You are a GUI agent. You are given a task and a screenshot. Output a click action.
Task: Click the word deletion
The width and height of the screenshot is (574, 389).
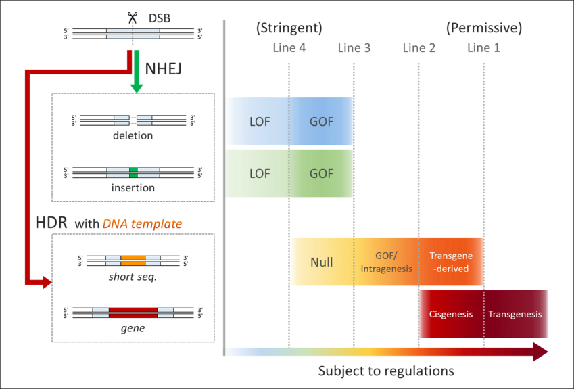click(133, 135)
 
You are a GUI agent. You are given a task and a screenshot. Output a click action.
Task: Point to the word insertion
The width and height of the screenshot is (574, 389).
click(133, 187)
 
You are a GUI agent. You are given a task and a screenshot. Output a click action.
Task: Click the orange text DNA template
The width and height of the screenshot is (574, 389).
click(142, 223)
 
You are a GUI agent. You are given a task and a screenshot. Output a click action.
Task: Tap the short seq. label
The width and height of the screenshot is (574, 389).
click(133, 277)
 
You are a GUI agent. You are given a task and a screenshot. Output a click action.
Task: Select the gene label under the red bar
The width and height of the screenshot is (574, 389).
click(133, 329)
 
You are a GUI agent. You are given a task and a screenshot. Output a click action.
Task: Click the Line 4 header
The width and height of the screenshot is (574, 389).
click(289, 48)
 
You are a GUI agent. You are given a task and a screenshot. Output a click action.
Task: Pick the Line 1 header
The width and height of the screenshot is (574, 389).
click(483, 48)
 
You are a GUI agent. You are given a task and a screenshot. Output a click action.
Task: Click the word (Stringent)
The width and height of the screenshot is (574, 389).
click(289, 28)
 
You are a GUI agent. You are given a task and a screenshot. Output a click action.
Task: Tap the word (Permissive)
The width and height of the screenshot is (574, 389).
click(483, 28)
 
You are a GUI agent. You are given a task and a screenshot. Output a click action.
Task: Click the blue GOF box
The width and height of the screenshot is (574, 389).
click(321, 122)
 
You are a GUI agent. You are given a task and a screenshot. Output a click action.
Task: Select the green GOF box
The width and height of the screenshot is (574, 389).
click(321, 173)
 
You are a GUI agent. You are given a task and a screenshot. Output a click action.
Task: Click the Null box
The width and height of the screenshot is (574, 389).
click(322, 262)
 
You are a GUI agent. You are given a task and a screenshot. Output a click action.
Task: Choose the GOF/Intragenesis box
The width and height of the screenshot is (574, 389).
click(386, 262)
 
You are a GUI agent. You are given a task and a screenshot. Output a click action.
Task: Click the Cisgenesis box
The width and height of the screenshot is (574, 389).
click(451, 314)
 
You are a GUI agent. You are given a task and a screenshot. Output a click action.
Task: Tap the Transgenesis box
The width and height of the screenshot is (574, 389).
click(515, 314)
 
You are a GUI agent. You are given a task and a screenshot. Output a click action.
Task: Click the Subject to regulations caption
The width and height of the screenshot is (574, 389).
click(386, 371)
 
